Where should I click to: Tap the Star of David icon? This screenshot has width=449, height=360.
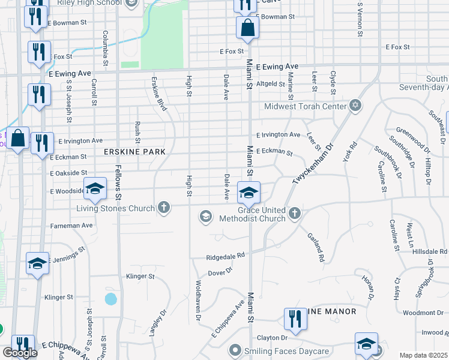point(355,106)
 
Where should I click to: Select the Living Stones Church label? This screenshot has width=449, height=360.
point(115,209)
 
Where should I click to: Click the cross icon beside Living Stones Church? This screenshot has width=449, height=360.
point(163,208)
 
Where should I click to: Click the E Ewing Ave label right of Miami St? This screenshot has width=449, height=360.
point(277,67)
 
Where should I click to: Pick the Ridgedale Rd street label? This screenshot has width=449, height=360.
point(226,255)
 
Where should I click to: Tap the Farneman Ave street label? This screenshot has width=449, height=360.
point(72,226)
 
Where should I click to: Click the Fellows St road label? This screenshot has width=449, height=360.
point(118,185)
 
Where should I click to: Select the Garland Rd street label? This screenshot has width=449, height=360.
point(316,248)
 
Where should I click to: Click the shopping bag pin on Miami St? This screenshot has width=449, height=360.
point(247,28)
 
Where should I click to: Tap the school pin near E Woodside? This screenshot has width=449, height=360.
point(95,190)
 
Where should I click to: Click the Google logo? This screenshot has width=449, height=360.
point(20,353)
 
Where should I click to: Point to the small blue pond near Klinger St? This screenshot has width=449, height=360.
point(110,298)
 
